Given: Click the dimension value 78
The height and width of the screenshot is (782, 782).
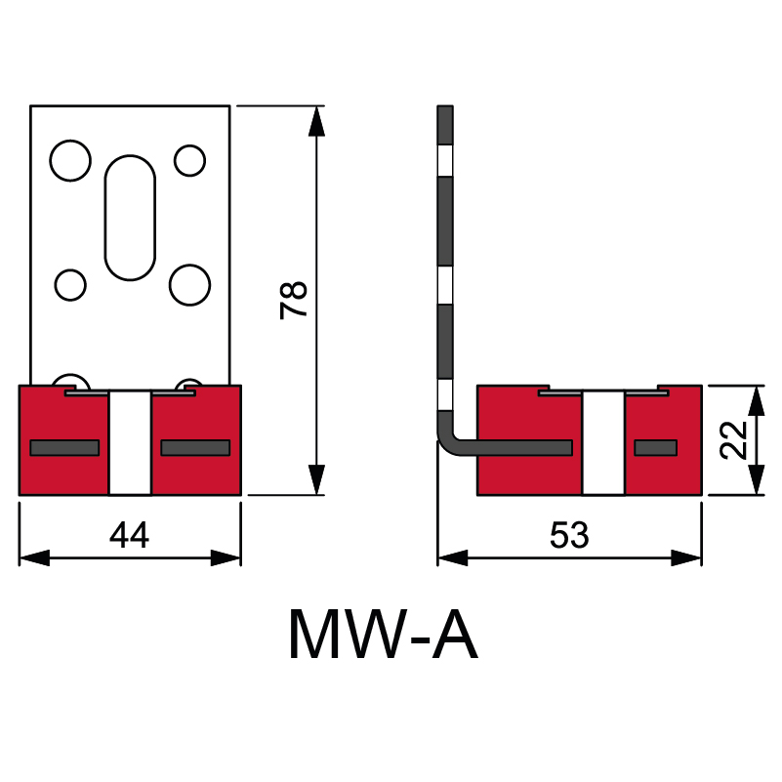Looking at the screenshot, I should tap(294, 299).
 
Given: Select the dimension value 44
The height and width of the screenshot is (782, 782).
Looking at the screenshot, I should tap(129, 535).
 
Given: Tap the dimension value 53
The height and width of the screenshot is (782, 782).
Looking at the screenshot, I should tap(569, 535).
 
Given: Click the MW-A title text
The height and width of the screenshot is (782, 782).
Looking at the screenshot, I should tap(383, 636).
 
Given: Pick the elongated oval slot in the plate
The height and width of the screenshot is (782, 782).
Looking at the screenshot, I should tap(130, 218).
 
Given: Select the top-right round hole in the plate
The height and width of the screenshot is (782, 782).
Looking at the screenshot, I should tap(189, 160).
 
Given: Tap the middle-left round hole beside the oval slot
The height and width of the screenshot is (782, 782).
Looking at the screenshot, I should tap(70, 285).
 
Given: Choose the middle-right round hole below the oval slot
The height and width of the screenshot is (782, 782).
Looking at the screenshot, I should tap(190, 284).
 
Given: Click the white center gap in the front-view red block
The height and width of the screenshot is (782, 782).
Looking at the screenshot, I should tap(130, 442).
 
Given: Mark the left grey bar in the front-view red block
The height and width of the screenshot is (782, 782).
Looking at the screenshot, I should tap(64, 448).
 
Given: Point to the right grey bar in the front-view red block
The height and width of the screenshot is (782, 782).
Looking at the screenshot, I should tap(195, 448).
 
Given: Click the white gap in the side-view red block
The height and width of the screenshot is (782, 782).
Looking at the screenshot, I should tap(603, 442).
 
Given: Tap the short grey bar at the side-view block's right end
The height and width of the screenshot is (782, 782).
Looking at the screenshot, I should tap(655, 448).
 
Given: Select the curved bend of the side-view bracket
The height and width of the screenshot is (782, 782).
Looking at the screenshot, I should tap(449, 441).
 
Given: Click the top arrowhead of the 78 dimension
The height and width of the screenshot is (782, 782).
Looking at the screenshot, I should tap(315, 121).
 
